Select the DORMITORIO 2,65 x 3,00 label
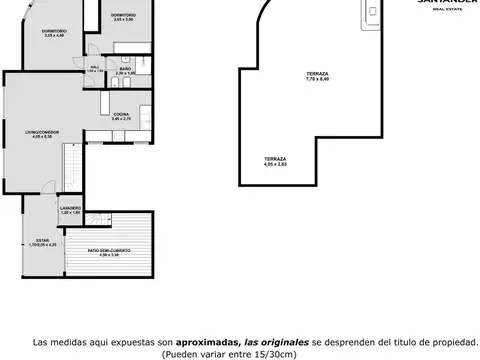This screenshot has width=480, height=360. point(123,18)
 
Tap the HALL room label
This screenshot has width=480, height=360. point(95,70)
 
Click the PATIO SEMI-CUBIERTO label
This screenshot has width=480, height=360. point(109,252)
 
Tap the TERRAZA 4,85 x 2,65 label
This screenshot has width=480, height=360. point(275,162)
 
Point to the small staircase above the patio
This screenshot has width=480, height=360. point(100,214)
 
